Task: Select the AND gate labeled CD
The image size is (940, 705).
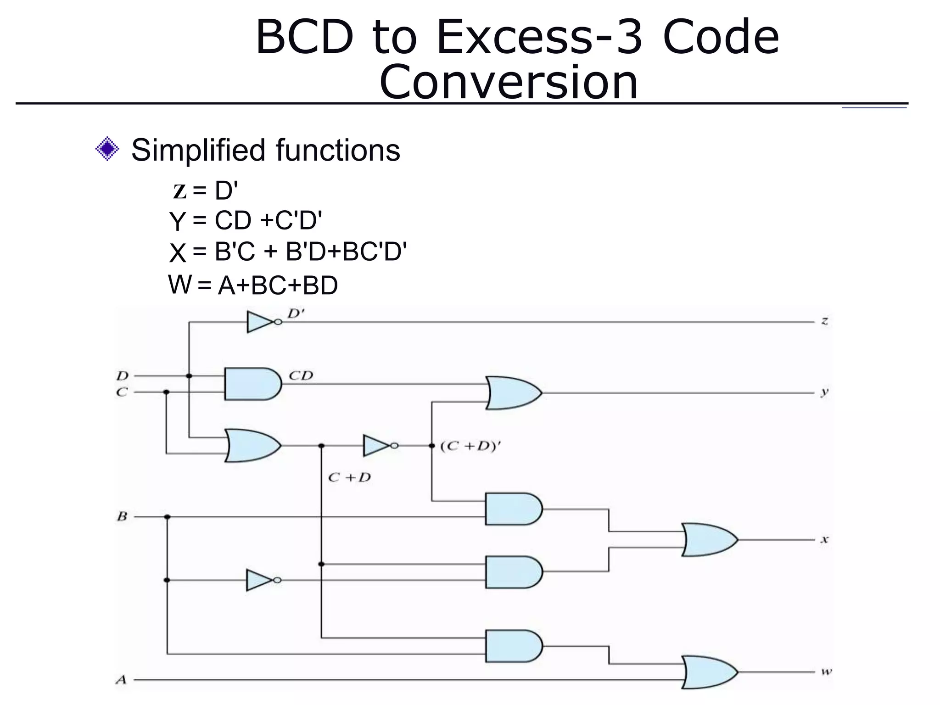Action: click(252, 384)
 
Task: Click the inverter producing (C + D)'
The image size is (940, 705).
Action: click(378, 445)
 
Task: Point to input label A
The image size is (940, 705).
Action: click(121, 680)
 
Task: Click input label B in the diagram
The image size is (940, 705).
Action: click(122, 517)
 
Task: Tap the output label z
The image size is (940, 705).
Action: click(824, 321)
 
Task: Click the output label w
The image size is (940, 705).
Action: click(826, 672)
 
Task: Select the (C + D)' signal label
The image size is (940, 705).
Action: click(470, 446)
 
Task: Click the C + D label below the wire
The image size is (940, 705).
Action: click(349, 478)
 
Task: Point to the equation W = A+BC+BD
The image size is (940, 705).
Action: click(253, 285)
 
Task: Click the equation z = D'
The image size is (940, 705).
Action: click(205, 191)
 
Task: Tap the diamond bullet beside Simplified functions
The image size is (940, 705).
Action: click(107, 149)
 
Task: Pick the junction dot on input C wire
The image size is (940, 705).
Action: click(166, 392)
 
